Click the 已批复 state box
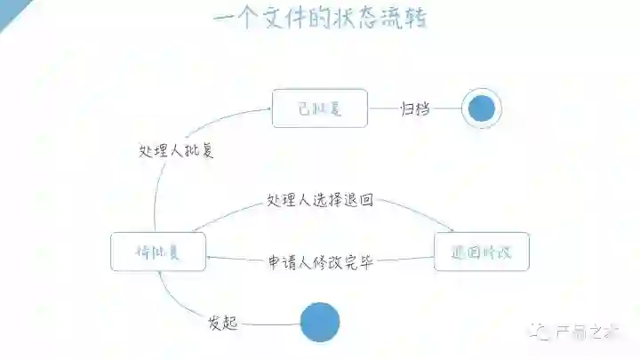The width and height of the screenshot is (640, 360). point(319,108)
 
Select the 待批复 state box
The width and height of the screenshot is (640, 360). point(158,252)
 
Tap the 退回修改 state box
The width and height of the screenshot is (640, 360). point(482,252)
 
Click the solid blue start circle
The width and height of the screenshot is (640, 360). point(320,322)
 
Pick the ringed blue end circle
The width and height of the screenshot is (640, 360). point(482,108)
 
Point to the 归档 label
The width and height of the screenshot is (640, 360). point(415,108)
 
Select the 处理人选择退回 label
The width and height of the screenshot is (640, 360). point(320,201)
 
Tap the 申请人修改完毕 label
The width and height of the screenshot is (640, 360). point(320,263)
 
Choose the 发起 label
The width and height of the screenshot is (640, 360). point(223,323)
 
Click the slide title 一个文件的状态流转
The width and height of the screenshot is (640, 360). point(320,20)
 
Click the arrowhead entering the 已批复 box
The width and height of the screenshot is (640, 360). point(268,108)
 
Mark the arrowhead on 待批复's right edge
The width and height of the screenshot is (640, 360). point(210,259)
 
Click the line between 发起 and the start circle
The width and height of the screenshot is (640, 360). point(270,324)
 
